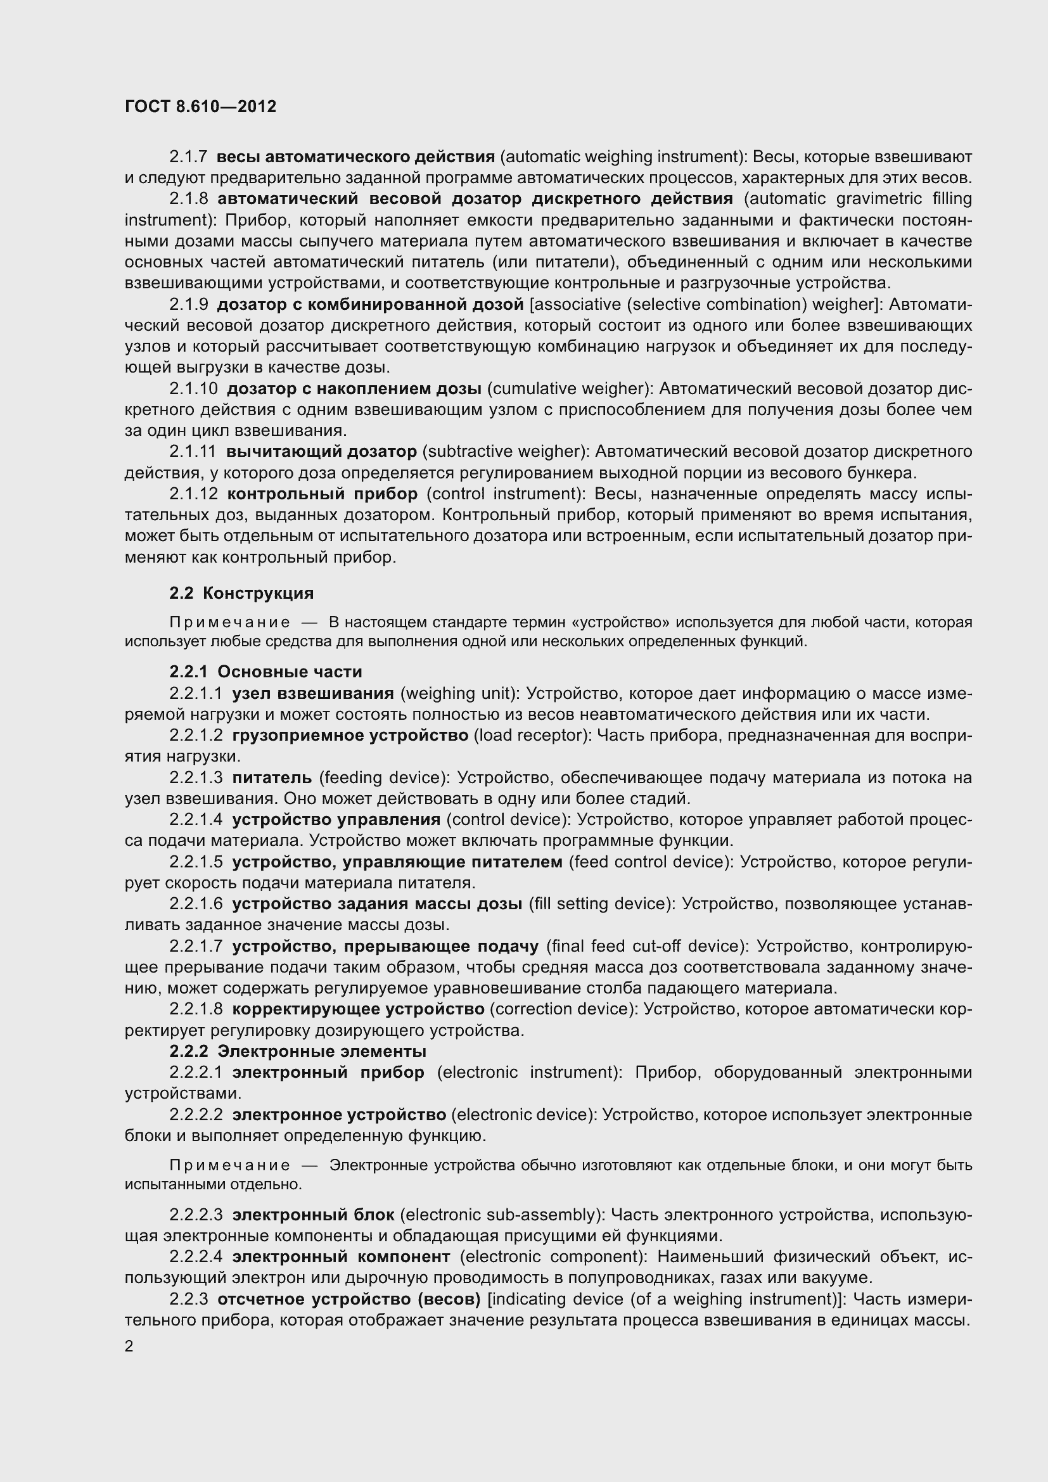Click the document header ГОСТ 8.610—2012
click(x=201, y=106)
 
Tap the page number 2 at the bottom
click(x=129, y=1346)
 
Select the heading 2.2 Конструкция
click(x=241, y=592)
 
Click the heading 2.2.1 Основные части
click(x=266, y=672)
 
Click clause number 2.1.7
click(x=188, y=157)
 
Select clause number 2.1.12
click(x=193, y=494)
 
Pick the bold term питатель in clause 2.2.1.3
click(x=272, y=777)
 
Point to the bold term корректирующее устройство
click(x=358, y=1009)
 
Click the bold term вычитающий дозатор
click(x=321, y=451)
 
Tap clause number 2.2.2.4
click(x=196, y=1256)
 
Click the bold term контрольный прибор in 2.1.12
click(x=322, y=494)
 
